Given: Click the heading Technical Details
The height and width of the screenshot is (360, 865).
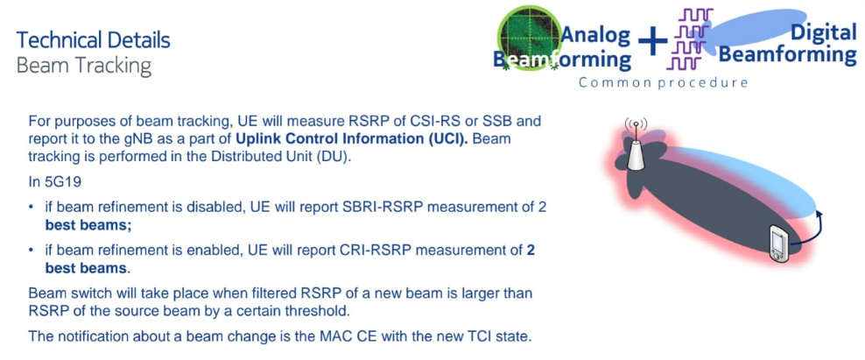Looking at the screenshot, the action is coord(93,40).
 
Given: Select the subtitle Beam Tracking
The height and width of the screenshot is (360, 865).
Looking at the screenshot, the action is coord(84,66).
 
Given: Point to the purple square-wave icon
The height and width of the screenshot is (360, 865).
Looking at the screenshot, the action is coord(689,39).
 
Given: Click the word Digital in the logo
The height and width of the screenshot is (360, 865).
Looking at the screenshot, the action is coord(824,32).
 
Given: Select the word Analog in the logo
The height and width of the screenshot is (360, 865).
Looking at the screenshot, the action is coord(596,35).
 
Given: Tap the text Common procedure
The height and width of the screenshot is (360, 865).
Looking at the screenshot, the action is coord(663,83).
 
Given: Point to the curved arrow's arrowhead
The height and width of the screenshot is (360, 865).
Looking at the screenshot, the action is coord(819,214).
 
